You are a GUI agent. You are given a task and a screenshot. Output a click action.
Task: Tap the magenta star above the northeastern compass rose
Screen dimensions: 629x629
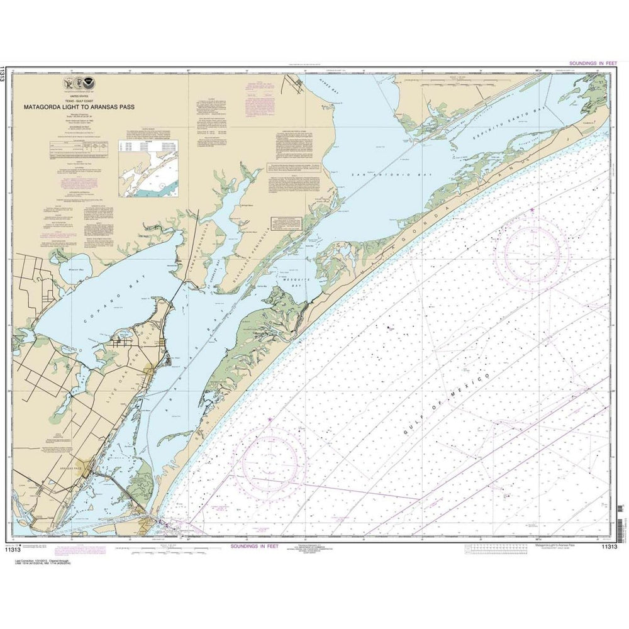tap(532, 209)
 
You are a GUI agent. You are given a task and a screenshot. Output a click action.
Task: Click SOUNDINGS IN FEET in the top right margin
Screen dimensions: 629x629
tap(593, 63)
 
